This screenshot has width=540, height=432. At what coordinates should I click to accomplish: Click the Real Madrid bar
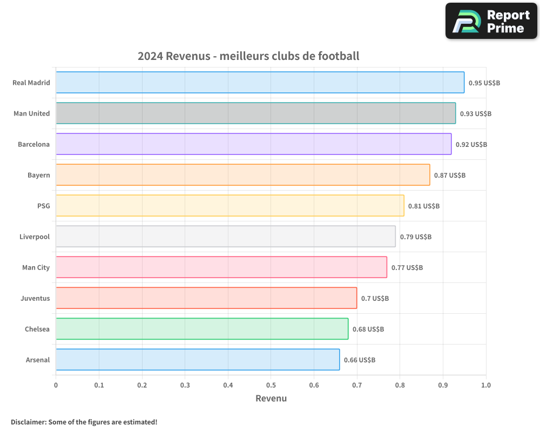(260, 83)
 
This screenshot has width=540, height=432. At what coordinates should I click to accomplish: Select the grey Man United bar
(255, 113)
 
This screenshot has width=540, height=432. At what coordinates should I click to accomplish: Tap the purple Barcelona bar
(253, 144)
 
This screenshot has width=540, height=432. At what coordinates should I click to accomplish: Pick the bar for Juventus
(206, 298)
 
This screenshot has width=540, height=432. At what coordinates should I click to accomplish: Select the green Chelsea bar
(202, 329)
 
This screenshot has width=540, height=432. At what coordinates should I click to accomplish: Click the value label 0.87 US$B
(450, 175)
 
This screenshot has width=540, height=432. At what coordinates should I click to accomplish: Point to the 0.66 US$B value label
(360, 360)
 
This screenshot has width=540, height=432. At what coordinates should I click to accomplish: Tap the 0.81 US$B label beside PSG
(424, 206)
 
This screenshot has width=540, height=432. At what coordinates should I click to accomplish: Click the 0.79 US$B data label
(416, 237)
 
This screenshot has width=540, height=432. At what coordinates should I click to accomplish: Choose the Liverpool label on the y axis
(35, 237)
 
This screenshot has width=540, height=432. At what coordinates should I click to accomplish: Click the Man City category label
(36, 268)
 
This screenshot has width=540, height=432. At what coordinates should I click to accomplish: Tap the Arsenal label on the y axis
(38, 360)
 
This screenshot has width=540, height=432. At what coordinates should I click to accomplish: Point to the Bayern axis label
(39, 175)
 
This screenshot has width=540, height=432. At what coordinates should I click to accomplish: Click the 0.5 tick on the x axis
(271, 386)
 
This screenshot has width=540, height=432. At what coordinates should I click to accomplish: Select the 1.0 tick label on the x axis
(486, 386)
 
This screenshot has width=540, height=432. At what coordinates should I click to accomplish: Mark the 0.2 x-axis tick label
(142, 386)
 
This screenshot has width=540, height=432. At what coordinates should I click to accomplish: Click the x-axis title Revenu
(271, 399)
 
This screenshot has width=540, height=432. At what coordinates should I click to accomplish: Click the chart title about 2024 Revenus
(248, 56)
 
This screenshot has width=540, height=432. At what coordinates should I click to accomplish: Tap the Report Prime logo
(491, 21)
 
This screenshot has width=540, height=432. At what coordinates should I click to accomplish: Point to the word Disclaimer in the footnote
(28, 422)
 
